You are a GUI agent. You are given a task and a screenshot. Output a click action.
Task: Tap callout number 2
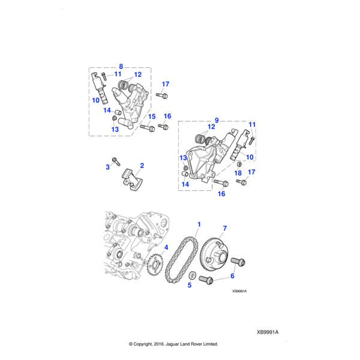[142, 165]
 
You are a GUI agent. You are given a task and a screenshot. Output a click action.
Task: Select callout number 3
[108, 167]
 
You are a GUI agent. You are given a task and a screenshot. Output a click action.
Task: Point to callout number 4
[166, 247]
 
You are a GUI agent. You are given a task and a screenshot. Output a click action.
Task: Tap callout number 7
[225, 228]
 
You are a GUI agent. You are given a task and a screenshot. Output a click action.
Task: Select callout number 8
[121, 66]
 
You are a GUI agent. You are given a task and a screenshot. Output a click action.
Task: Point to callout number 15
[152, 116]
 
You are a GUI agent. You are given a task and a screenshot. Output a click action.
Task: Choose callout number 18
[238, 173]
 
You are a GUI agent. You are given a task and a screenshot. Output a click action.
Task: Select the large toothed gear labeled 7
[212, 255]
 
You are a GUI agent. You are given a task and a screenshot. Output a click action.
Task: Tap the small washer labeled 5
[193, 275]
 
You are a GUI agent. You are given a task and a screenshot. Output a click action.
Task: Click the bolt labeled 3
[116, 161]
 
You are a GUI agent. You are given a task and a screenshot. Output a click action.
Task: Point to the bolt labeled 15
[147, 127]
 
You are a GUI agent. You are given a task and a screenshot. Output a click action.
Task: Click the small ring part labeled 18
[239, 163]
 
